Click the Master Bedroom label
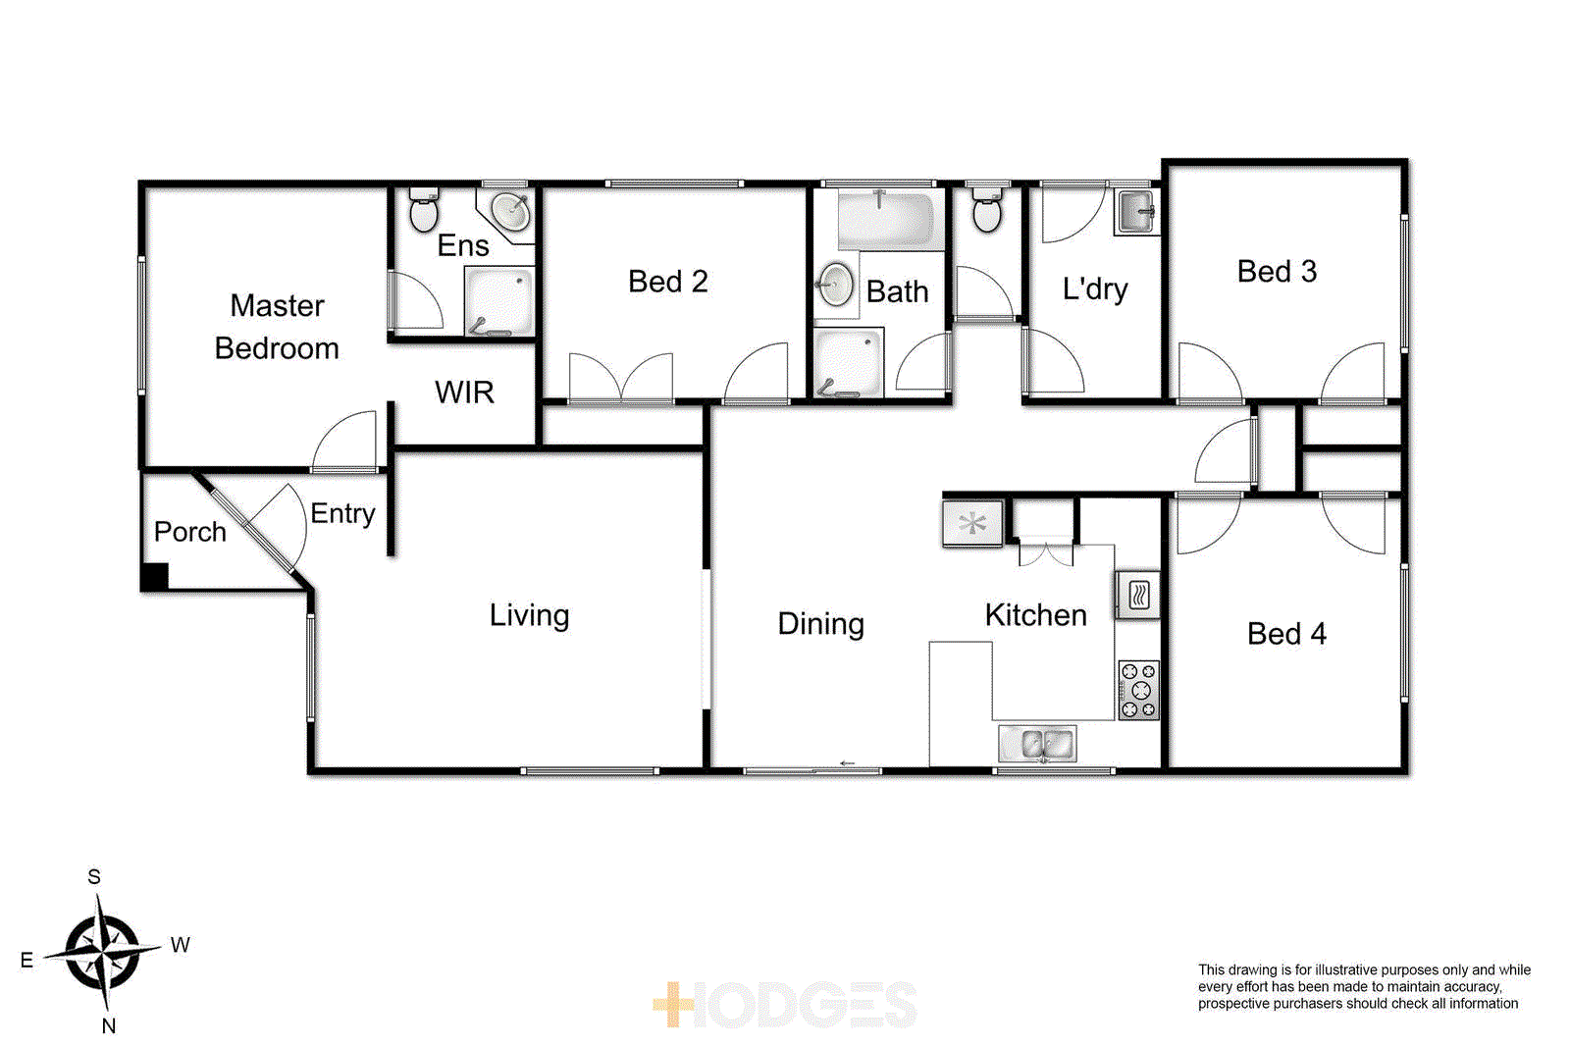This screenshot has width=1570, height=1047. (x=277, y=327)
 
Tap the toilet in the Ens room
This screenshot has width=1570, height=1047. (x=424, y=211)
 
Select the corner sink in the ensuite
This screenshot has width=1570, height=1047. (x=510, y=210)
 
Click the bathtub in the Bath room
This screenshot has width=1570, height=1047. (x=885, y=221)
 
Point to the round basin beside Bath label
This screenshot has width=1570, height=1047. (x=836, y=286)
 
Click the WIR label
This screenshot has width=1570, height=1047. (x=464, y=393)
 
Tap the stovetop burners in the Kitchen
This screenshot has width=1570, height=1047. (x=1138, y=690)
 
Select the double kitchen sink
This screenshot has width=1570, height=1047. (x=1037, y=744)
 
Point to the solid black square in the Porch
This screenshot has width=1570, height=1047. (x=154, y=577)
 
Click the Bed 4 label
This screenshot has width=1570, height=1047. (x=1285, y=634)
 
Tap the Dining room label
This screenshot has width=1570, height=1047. (x=820, y=624)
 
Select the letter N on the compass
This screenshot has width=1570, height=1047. (x=109, y=1025)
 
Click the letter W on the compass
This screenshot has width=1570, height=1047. (x=180, y=945)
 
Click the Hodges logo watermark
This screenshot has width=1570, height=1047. (x=785, y=1005)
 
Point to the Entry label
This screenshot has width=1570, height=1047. (x=342, y=513)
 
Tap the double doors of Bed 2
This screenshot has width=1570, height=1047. (x=620, y=378)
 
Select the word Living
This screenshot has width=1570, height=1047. (x=529, y=615)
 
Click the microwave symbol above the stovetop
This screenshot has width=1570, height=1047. (x=1138, y=595)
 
